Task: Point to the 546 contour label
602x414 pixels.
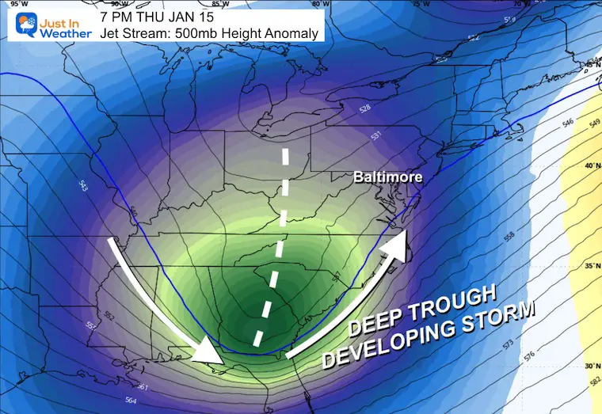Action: pos(544,125)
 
